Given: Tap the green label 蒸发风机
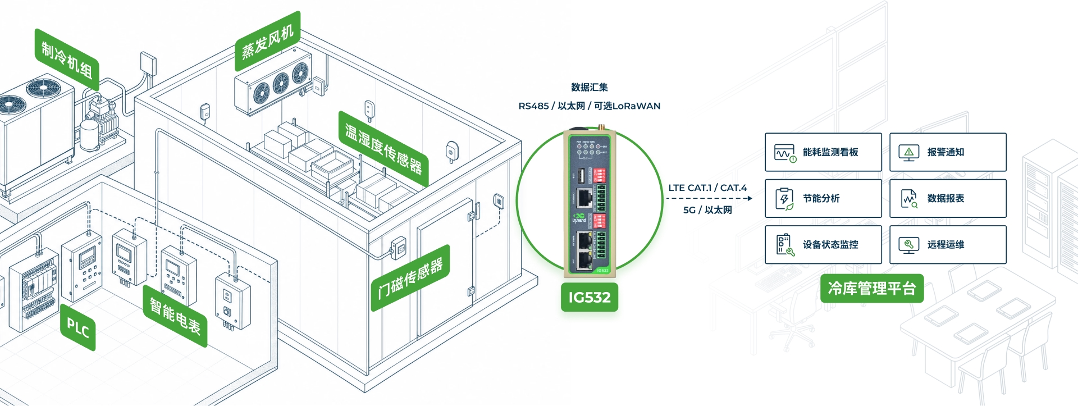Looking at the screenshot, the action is tap(268, 41).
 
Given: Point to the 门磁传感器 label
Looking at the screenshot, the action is tap(410, 278).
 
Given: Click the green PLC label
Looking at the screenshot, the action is tap(77, 327).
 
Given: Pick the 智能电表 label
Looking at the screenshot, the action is tap(175, 316).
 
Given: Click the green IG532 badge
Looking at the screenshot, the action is tap(590, 297).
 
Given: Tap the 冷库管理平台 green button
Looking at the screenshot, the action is tap(872, 289).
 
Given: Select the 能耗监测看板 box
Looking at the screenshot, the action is tap(823, 152).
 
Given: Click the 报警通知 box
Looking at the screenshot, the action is tap(948, 152).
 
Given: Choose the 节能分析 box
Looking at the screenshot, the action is tap(823, 198).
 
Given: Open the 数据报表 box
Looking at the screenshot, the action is tap(948, 198).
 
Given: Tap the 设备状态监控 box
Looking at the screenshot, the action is tap(823, 245).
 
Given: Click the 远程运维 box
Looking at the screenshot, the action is tap(948, 245).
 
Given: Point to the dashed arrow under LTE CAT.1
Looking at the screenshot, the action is tap(709, 198).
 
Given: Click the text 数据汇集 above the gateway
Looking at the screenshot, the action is tap(590, 87).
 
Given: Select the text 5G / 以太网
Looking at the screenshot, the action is tap(707, 210).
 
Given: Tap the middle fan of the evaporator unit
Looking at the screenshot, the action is tap(280, 83).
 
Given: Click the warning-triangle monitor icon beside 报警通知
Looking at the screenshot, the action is tap(909, 152).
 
